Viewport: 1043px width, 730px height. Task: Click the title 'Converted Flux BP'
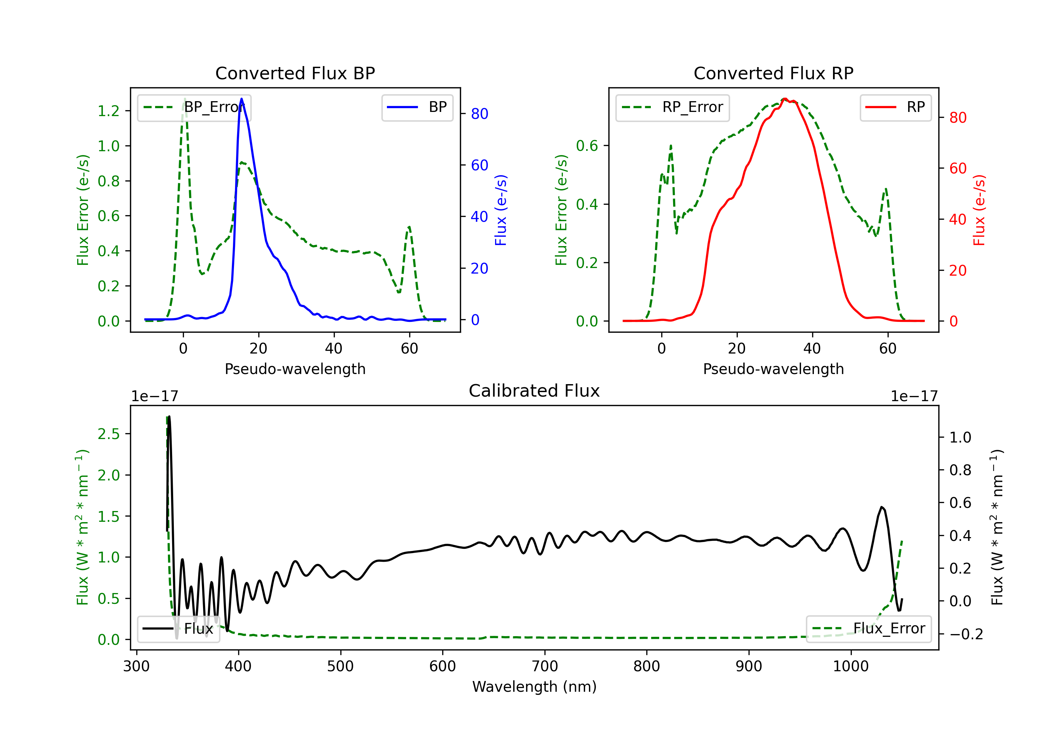click(x=295, y=73)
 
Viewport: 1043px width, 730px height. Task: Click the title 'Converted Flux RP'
click(x=773, y=73)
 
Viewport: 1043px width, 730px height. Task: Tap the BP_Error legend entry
click(x=194, y=107)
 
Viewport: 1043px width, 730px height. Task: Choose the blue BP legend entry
click(x=417, y=107)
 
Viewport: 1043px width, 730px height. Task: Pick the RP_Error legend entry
click(x=672, y=107)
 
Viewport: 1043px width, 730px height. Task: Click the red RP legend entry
click(x=895, y=107)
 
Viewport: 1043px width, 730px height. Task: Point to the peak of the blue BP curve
click(x=241, y=99)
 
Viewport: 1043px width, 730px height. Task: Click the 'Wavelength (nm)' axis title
click(x=534, y=687)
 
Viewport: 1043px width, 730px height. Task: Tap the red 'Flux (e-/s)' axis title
click(x=979, y=210)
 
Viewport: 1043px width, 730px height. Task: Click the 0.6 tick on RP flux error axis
click(x=587, y=146)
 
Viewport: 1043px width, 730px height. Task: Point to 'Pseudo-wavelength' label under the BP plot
click(x=295, y=369)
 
